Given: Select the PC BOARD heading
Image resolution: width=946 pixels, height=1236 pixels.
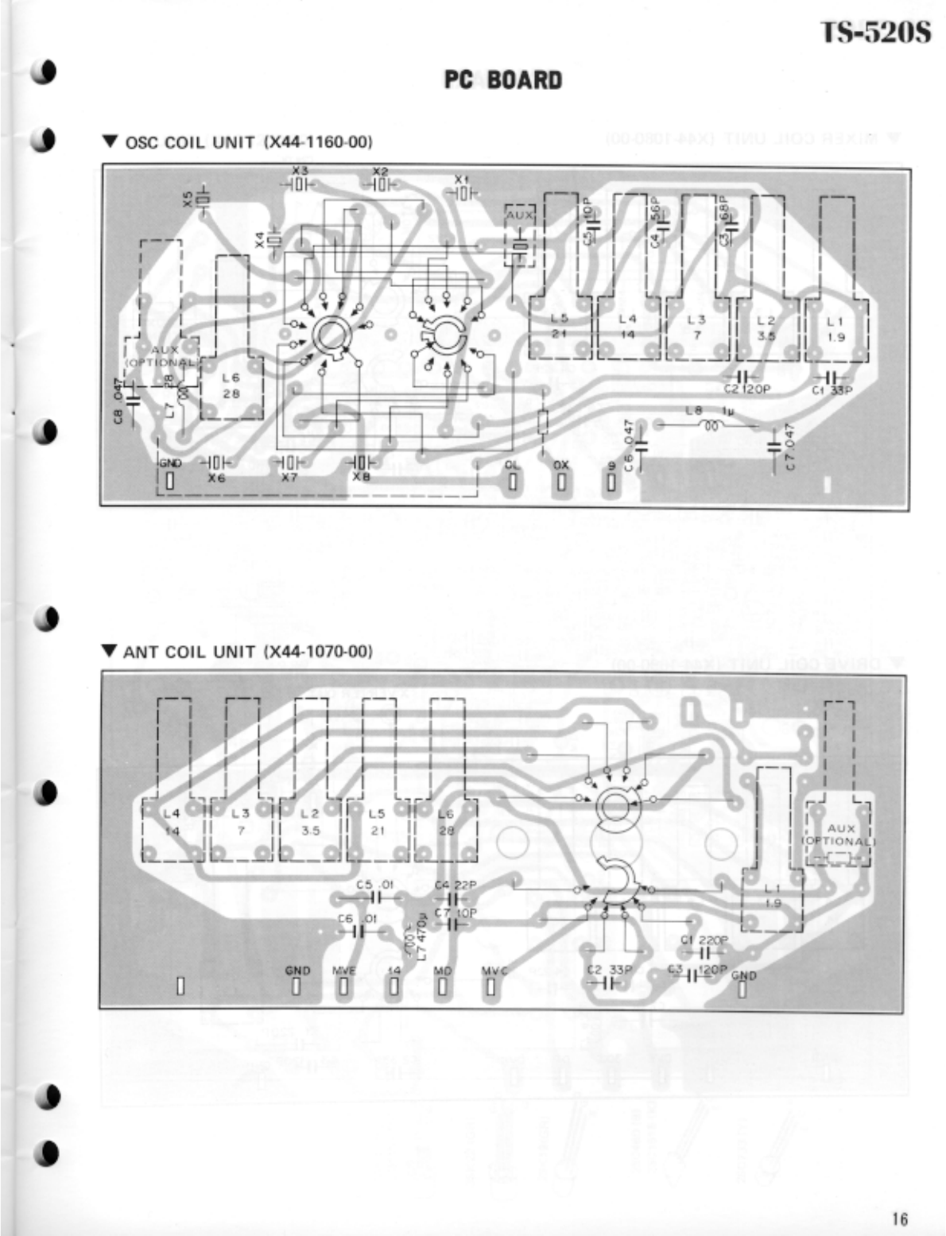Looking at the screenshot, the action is click(502, 80).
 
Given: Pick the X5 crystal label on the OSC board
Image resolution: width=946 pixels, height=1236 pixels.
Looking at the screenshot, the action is click(188, 200).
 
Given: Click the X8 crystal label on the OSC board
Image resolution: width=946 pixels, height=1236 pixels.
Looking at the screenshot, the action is click(361, 479).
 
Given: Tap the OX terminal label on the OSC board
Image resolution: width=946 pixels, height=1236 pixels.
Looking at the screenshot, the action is click(560, 465).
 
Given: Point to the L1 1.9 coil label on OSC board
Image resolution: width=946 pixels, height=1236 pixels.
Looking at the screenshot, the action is click(835, 328).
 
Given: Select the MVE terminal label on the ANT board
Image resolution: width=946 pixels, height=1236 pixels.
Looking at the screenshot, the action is click(343, 971).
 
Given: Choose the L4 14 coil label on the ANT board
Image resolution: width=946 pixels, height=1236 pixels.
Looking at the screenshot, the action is click(172, 822).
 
